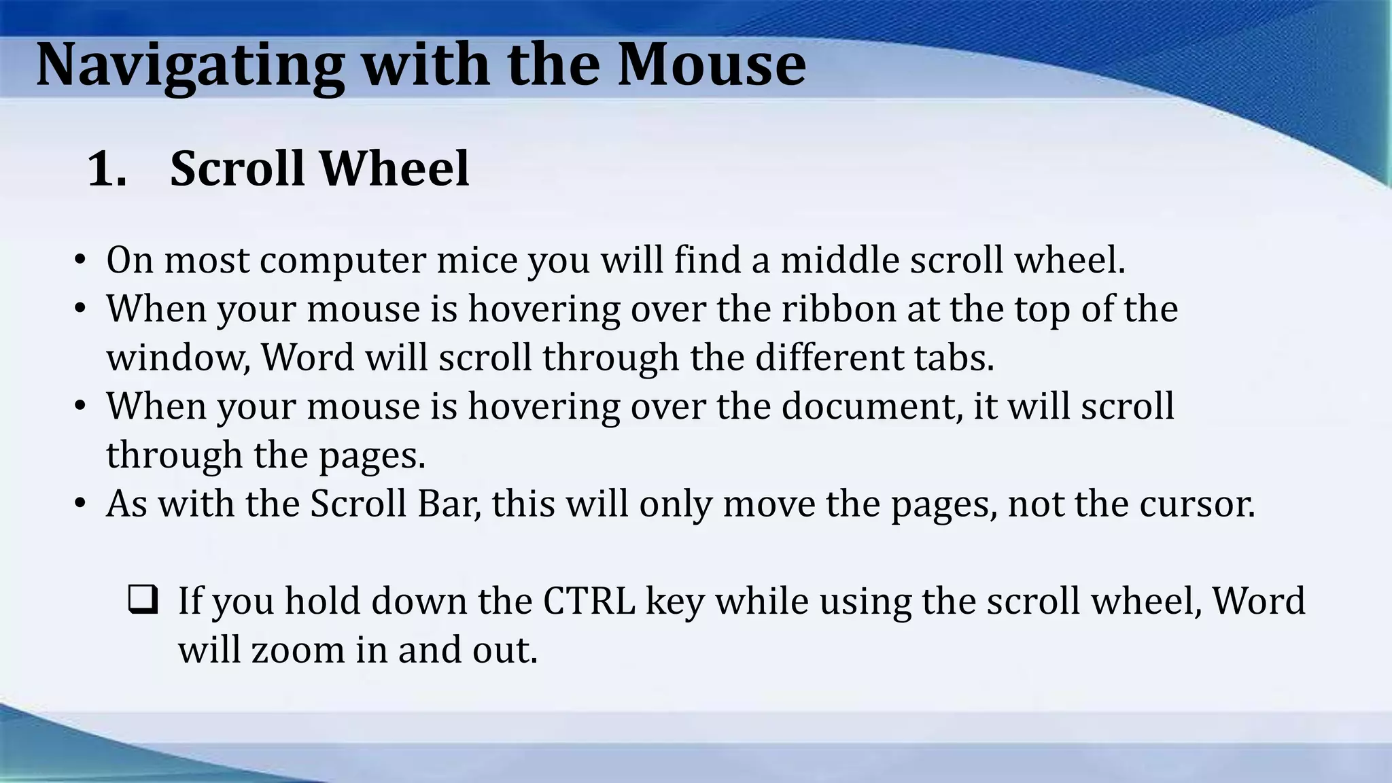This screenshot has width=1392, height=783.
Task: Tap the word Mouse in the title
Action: point(711,65)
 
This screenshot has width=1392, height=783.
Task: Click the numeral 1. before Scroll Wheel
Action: point(107,169)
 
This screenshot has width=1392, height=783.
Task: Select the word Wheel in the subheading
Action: point(394,169)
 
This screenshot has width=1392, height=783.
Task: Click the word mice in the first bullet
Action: point(476,260)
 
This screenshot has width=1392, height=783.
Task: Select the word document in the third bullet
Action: point(871,406)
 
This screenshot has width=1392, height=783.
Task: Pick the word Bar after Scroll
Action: point(449,504)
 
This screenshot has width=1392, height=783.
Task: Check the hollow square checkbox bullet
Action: point(143,600)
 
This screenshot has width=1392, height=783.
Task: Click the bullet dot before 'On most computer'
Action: point(80,261)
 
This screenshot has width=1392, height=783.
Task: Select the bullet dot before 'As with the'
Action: point(80,505)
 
